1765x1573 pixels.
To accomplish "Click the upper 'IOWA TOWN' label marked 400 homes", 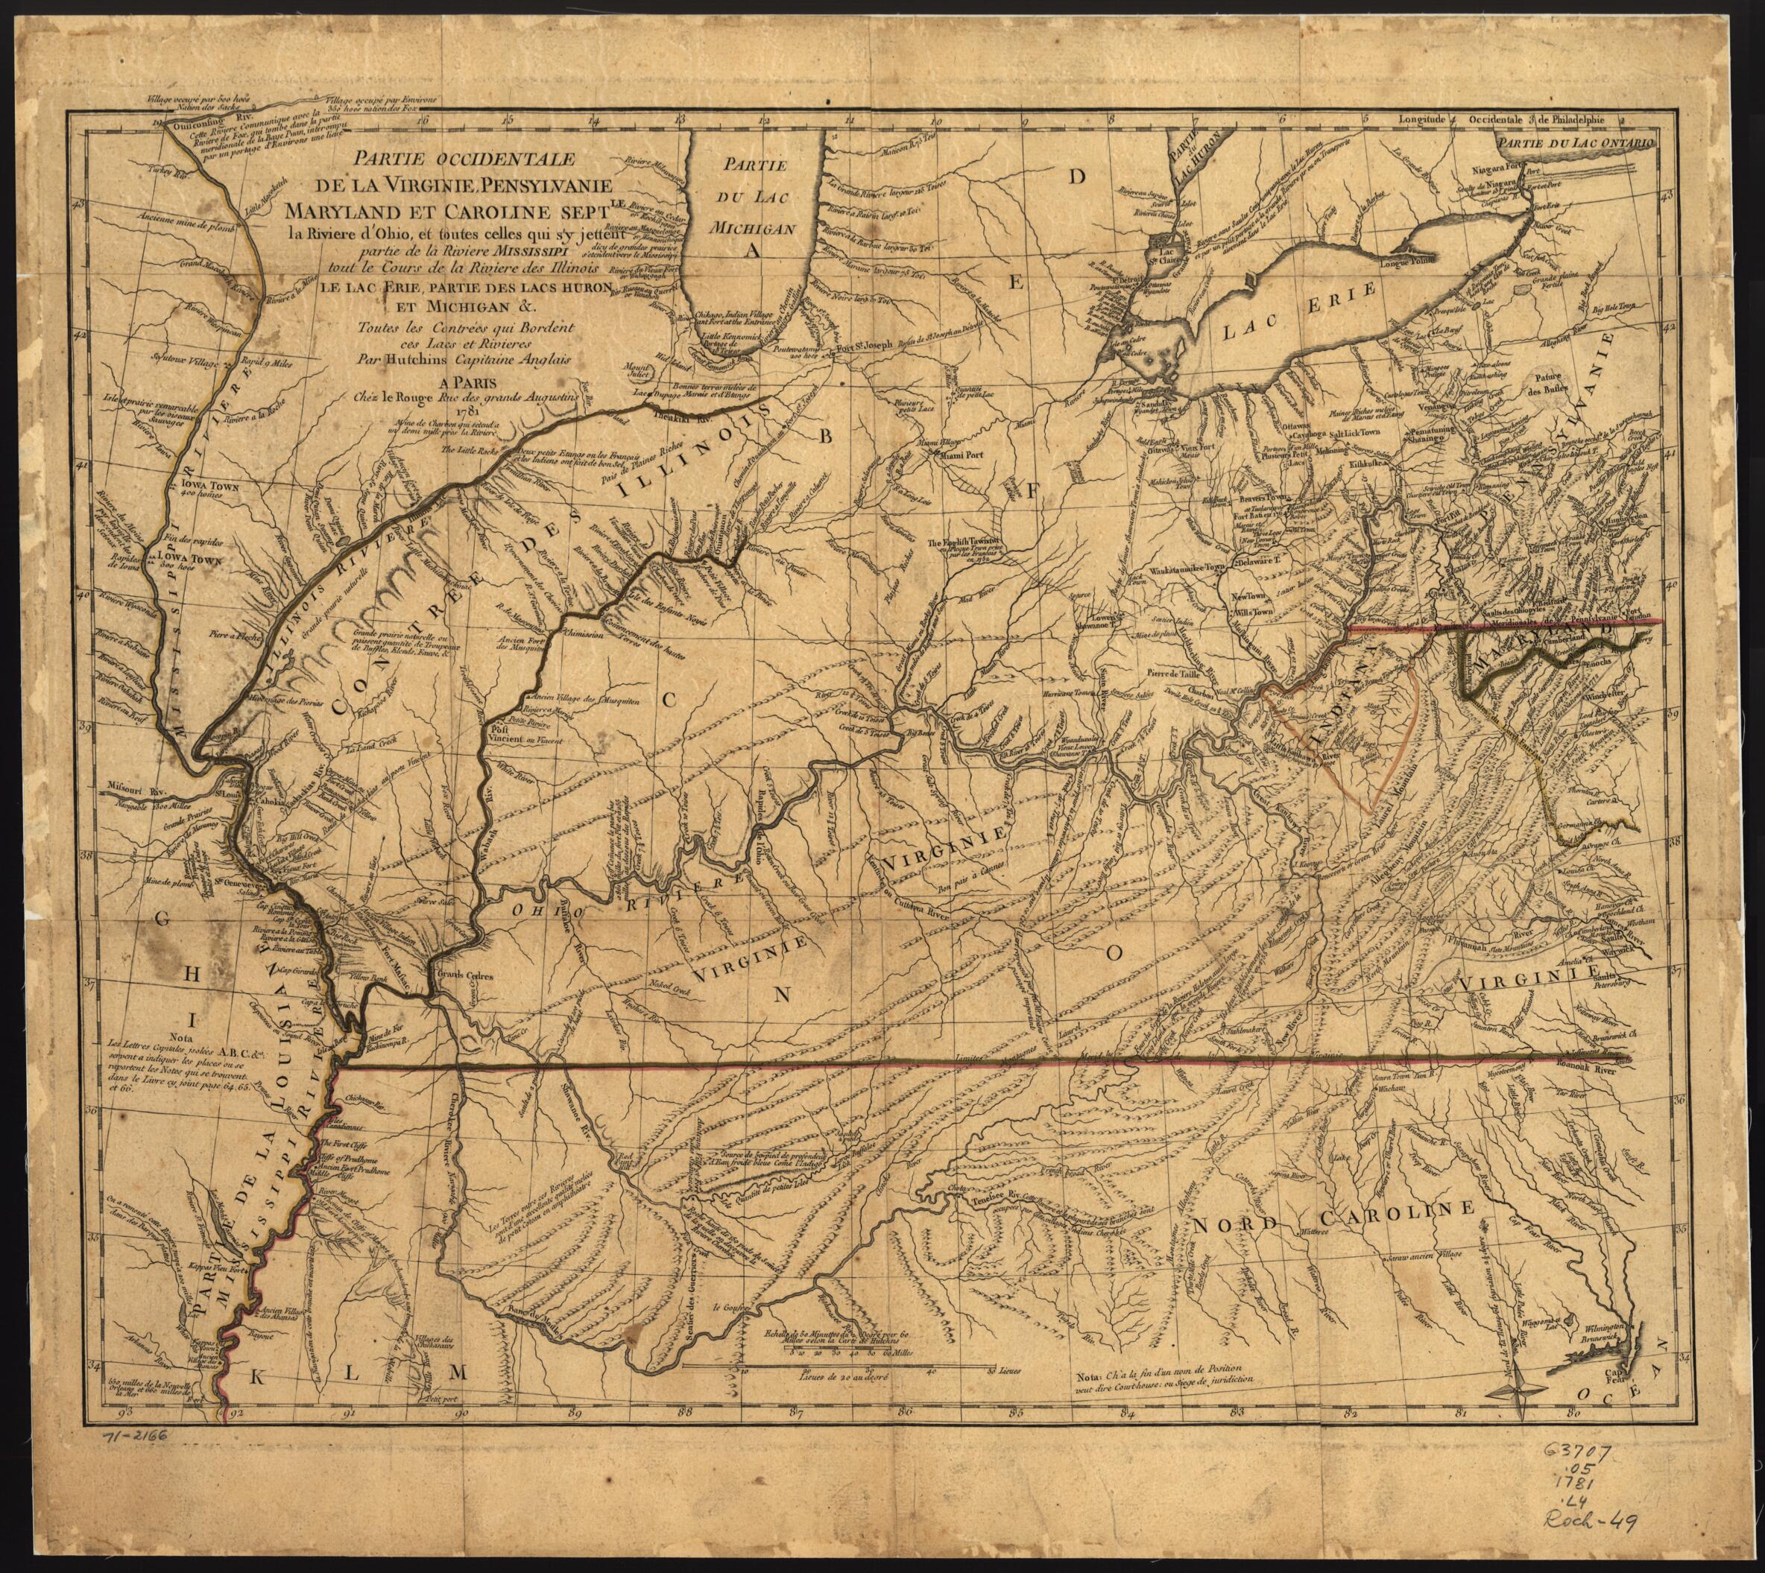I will point(210,486).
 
